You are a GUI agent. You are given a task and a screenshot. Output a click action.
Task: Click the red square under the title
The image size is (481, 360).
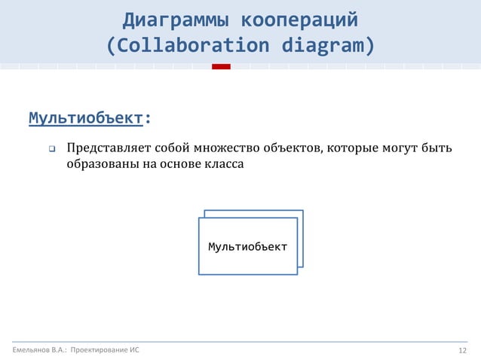click(x=221, y=66)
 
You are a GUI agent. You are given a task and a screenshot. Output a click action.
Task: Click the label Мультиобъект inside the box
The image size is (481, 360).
click(x=247, y=247)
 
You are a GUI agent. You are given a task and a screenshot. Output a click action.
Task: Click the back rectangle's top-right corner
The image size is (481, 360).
click(x=302, y=211)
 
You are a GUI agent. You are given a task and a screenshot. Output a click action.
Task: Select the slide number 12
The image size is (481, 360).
click(x=463, y=351)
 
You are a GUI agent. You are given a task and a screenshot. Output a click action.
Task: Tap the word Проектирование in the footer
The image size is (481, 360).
click(x=98, y=351)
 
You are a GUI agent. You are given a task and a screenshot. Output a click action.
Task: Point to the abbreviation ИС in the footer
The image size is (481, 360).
click(x=133, y=351)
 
